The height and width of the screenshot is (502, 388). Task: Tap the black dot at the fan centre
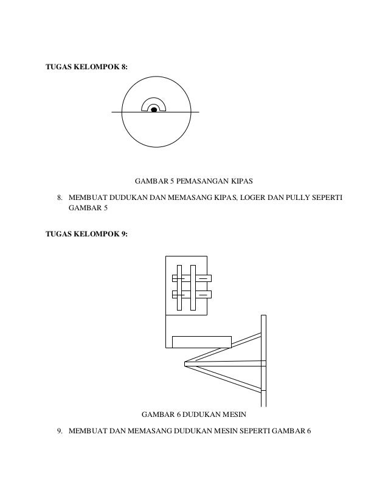154,110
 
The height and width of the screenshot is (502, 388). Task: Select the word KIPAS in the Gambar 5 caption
240,181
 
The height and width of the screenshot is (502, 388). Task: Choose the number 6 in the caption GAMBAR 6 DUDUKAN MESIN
176,414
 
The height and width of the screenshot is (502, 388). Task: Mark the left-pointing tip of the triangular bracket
185,364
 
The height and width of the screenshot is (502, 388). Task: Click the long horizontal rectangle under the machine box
201,342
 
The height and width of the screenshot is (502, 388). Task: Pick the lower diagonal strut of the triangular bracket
225,379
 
